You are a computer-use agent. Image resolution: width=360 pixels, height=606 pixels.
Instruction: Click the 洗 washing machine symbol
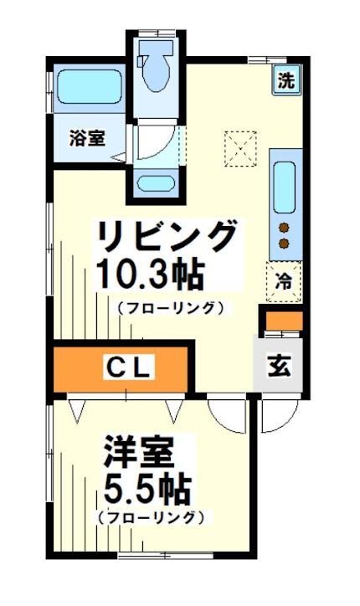click(286, 81)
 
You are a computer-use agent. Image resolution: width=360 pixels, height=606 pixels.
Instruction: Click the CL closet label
click(127, 367)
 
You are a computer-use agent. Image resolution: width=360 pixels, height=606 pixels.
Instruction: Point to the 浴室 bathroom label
click(87, 138)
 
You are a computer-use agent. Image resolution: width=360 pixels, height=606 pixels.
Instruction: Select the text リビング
click(166, 237)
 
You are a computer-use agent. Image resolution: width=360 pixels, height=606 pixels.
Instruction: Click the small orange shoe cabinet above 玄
click(282, 320)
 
